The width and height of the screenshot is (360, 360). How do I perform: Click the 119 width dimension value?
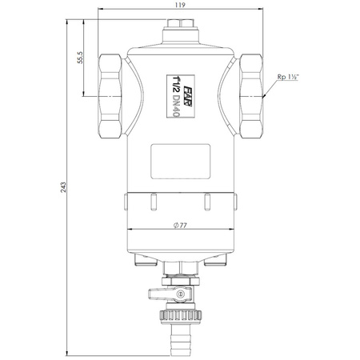coord(181,5)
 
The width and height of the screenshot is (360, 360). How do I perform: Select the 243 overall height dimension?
coord(63,187)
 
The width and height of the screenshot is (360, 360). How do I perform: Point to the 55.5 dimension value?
coord(80,58)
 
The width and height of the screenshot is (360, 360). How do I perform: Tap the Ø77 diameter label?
coord(180,226)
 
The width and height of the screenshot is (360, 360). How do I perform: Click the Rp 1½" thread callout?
coord(288,77)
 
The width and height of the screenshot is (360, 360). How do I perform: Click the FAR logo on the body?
coord(188,96)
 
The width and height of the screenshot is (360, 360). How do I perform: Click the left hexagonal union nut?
coord(110,96)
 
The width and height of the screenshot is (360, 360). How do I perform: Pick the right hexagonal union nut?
coord(251,96)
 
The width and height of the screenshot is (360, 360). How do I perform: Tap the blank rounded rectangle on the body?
coord(181,162)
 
